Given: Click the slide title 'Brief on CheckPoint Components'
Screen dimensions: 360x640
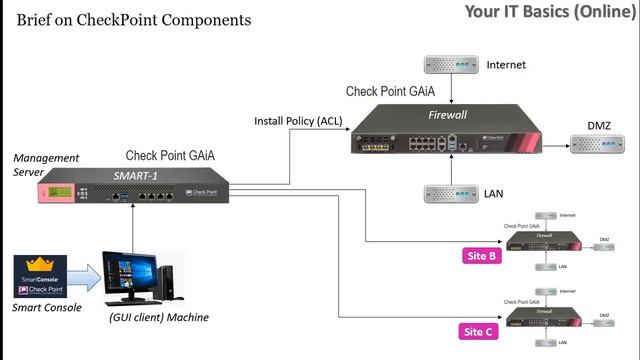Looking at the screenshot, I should [133, 20].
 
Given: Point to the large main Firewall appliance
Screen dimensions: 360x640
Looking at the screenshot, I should [448, 131].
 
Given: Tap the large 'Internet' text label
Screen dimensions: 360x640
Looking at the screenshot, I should [506, 65].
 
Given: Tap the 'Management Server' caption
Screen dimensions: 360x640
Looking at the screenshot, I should [35, 165].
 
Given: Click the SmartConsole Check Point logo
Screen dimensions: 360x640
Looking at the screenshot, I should [40, 276].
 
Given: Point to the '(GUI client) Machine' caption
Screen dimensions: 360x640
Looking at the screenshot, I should [158, 317].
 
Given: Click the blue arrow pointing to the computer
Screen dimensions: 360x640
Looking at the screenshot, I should [86, 278].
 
